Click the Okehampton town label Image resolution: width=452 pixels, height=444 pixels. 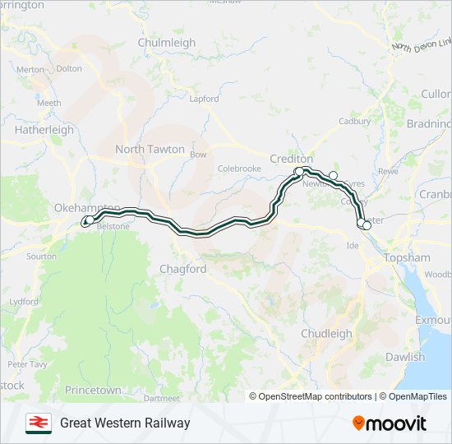[x=87, y=208]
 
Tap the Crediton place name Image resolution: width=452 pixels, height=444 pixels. [x=292, y=159]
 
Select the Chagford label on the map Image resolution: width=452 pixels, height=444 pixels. [x=183, y=269]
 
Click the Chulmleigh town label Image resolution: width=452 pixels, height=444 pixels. [x=167, y=43]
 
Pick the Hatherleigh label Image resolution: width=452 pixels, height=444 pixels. [x=44, y=130]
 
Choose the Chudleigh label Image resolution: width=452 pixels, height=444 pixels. [x=326, y=334]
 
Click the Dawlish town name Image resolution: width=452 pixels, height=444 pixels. [x=406, y=357]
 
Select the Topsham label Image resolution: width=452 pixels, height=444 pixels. [x=408, y=257]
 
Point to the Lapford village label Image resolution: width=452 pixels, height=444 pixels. [x=205, y=99]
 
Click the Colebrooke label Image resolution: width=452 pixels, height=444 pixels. [x=239, y=169]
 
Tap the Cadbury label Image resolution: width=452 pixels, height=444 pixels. [x=355, y=121]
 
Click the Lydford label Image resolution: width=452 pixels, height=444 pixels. [x=24, y=302]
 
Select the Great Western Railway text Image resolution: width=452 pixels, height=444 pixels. [x=125, y=423]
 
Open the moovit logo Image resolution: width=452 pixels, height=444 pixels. [x=390, y=423]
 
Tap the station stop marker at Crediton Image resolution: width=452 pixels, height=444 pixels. [x=299, y=171]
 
